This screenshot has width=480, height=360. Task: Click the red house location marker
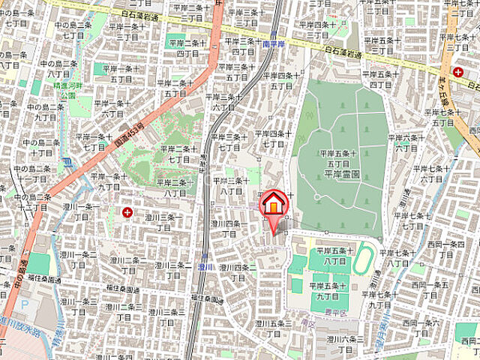[274, 204]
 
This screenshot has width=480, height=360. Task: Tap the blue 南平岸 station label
[274, 44]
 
